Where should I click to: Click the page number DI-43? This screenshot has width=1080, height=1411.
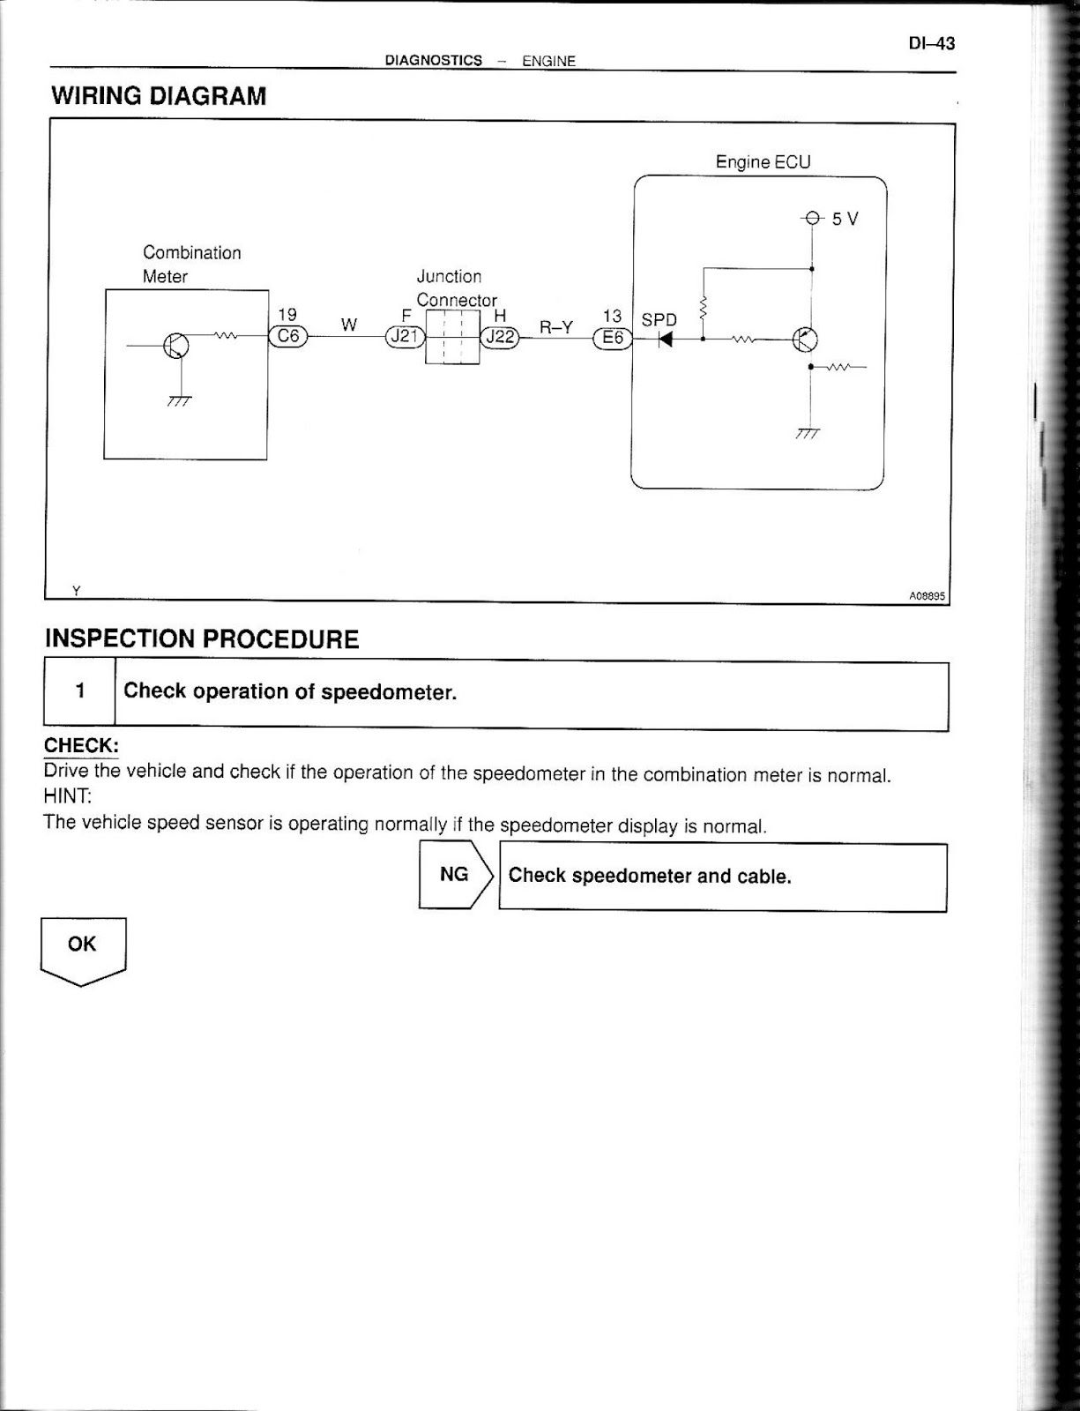[x=931, y=43]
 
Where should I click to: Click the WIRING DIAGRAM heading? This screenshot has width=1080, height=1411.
[x=159, y=96]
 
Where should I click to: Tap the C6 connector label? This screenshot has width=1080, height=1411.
[x=288, y=336]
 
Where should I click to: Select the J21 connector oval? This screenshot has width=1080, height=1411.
[x=405, y=336]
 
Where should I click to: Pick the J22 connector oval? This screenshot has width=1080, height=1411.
[x=499, y=336]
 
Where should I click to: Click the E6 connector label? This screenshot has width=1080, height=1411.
[x=613, y=338]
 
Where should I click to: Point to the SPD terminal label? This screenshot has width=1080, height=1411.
[x=659, y=320]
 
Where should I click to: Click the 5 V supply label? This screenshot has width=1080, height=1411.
[x=844, y=219]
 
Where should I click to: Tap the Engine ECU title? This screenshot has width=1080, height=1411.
[x=763, y=162]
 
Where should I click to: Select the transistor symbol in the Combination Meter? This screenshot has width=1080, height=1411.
[x=175, y=346]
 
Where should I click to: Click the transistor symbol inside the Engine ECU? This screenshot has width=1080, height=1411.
[x=805, y=340]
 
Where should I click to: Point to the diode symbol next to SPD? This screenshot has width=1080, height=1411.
[x=666, y=339]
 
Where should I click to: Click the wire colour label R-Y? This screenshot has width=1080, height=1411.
[x=556, y=327]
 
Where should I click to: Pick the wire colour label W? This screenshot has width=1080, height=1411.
[x=349, y=325]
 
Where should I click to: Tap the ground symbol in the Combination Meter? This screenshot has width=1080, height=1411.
[x=180, y=401]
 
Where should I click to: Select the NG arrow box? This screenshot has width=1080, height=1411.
[x=455, y=875]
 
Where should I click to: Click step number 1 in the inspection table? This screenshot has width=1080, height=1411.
[x=80, y=691]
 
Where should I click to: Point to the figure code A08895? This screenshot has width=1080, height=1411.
[x=927, y=596]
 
